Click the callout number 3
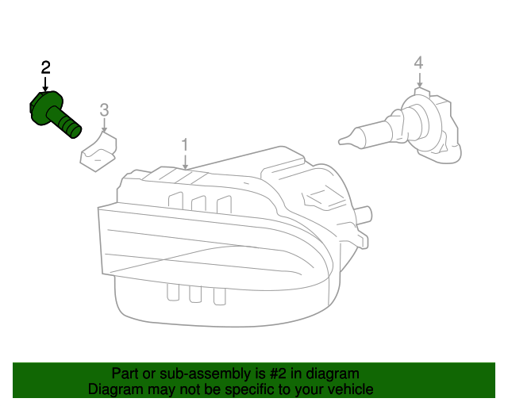click(x=103, y=109)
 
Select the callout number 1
click(x=184, y=145)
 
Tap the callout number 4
click(x=418, y=63)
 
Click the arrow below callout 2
click(x=45, y=82)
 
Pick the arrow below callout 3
click(x=103, y=124)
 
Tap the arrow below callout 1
click(x=184, y=161)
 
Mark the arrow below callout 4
click(x=418, y=78)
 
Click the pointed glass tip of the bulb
click(x=344, y=142)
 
